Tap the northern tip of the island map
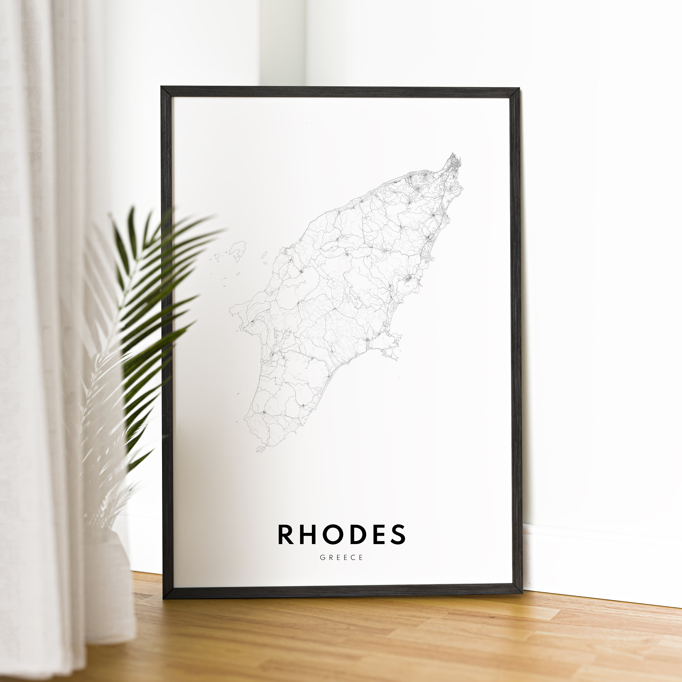pos(452,154)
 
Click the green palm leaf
pos(148,282)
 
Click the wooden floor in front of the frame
pos(353,635)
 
